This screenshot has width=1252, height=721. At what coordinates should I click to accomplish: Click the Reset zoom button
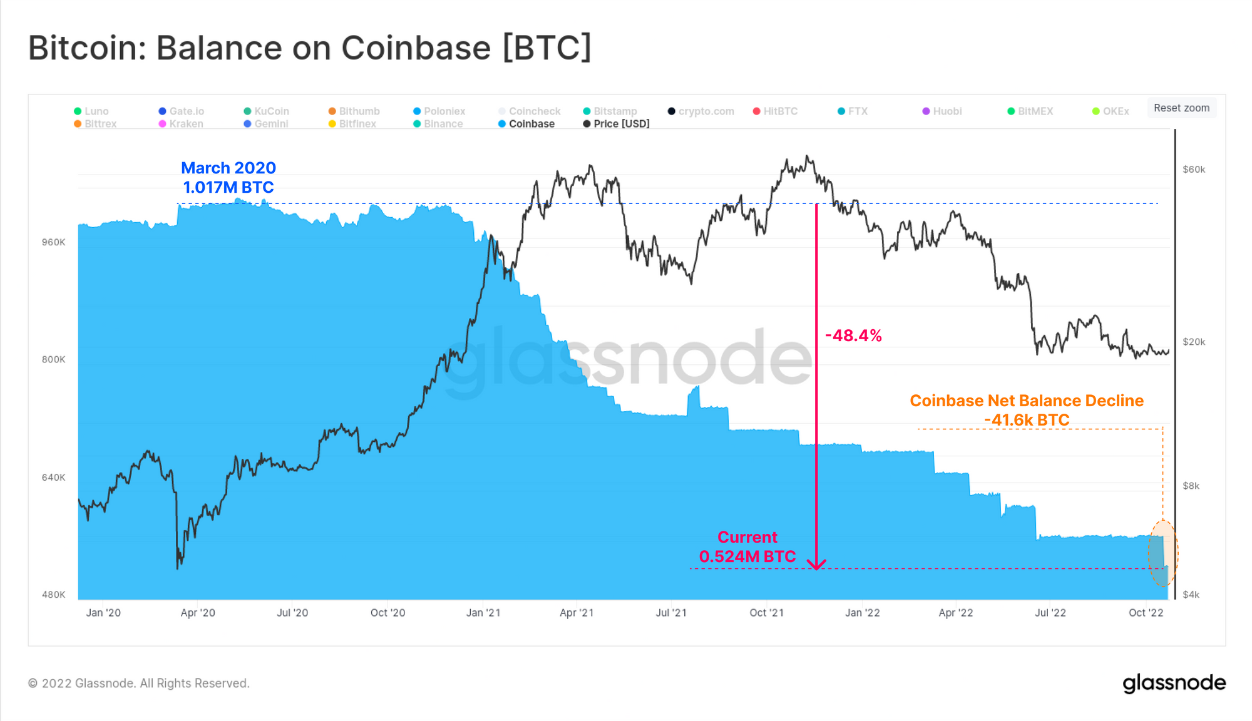pos(1181,108)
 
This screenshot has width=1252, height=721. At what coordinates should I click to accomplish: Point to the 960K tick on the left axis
pos(53,242)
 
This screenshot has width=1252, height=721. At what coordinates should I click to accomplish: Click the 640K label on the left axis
pos(53,478)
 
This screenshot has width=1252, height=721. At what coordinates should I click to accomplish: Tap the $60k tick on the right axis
pos(1194,170)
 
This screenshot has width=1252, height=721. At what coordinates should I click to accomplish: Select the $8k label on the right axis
pos(1191,486)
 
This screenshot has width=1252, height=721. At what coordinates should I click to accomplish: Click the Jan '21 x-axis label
pos(483,613)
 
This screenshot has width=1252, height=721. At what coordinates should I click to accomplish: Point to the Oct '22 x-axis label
pos(1146,613)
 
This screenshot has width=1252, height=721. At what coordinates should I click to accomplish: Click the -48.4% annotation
pos(853,336)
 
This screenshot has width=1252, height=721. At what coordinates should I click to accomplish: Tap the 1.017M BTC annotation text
pos(228,187)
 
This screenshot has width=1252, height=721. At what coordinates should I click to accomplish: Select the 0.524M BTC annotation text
pos(747,556)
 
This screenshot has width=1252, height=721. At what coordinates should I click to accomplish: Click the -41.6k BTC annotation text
pos(1027,420)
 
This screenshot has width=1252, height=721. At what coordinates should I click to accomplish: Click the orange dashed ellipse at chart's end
pos(1162,553)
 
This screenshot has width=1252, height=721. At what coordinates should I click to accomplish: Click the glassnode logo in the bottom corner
pos(1174,683)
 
